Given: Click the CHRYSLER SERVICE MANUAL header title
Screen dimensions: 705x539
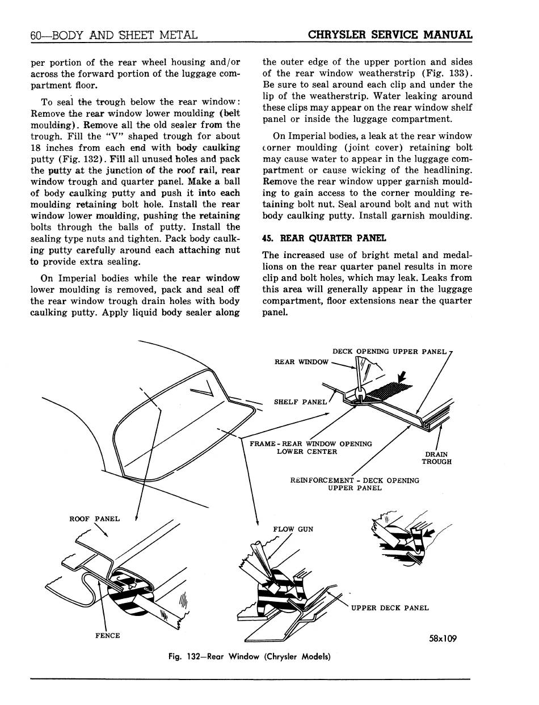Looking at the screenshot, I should [390, 34].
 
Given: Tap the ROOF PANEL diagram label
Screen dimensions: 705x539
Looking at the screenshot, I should [94, 518].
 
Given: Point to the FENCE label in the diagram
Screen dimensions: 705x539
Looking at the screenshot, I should [107, 635].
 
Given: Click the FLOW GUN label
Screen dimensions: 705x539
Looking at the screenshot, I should [293, 529].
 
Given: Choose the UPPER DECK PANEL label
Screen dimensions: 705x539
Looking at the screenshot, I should [390, 608].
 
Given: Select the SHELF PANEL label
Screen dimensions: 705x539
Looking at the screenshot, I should [300, 402].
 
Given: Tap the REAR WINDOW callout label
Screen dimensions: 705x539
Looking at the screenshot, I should [301, 361].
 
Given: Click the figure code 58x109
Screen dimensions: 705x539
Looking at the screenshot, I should [443, 639].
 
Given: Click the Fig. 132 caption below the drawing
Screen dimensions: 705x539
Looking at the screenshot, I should [249, 657].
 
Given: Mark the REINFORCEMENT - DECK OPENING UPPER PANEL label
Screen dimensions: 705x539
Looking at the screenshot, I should [355, 484].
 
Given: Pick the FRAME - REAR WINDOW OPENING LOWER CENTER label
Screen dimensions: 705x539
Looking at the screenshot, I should [307, 448].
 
